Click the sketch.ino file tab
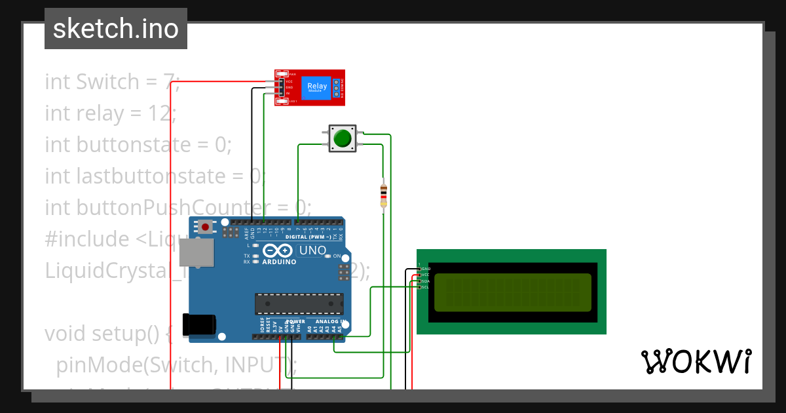[x=115, y=29]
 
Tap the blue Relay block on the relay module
[x=317, y=87]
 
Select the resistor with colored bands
[x=383, y=195]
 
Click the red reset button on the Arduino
[x=206, y=227]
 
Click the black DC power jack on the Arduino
[x=200, y=324]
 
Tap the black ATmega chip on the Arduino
[x=299, y=304]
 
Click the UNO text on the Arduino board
[x=312, y=250]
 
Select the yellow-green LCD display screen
[x=512, y=292]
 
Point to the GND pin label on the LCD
[x=425, y=269]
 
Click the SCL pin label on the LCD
[x=425, y=287]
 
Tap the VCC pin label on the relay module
[x=289, y=81]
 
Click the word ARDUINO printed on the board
[x=280, y=262]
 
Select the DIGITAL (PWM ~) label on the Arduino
[x=309, y=236]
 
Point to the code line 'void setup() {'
[x=108, y=334]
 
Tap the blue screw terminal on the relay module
[x=337, y=88]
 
